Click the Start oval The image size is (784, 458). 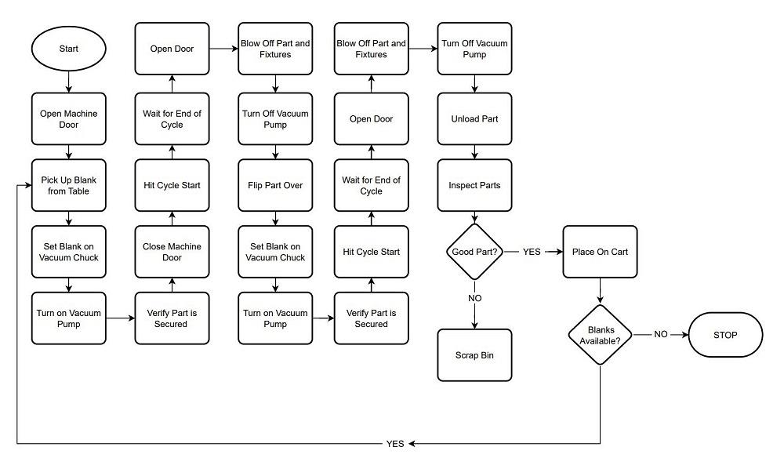pos(68,49)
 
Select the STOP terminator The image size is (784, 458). pos(725,335)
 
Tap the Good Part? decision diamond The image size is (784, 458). pos(474,253)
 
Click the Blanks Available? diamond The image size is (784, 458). pos(600,335)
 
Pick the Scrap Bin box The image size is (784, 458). pos(474,354)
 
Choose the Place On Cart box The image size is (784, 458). pos(600,253)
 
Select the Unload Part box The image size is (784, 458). pos(474,119)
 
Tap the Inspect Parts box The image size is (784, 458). pos(474,186)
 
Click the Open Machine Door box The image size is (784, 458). pos(68,119)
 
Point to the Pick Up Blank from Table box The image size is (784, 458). pos(68,186)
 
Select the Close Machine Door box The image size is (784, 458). pos(172,253)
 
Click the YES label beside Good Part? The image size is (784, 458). pos(532,253)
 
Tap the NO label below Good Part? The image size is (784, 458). pos(474,299)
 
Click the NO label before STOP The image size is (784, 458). pos(661,335)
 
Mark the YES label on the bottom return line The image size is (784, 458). pos(395,444)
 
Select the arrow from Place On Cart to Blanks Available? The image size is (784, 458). pos(600,291)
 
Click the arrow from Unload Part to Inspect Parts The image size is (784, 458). pos(474,152)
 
